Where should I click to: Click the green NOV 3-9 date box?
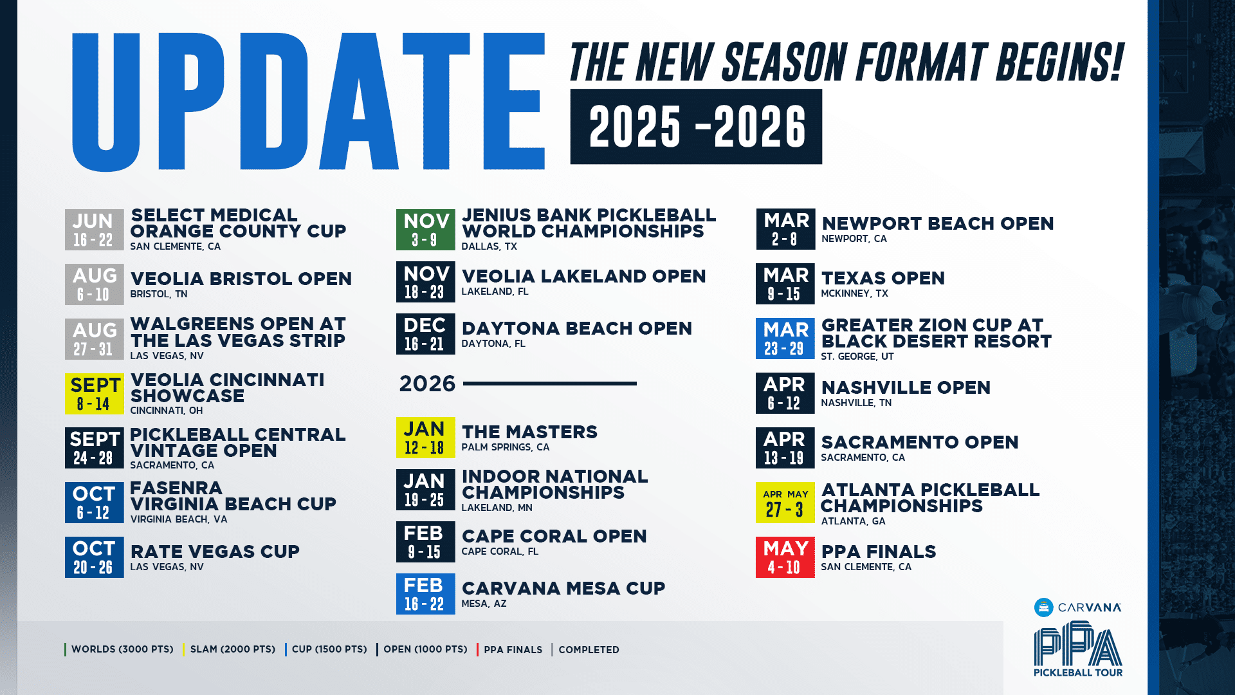425,230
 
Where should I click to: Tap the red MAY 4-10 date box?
785,557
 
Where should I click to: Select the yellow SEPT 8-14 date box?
95,394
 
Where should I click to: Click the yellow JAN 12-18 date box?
425,438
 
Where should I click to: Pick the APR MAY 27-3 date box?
785,503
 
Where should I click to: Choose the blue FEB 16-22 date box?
425,594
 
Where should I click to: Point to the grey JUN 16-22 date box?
95,230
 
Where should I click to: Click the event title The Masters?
529,432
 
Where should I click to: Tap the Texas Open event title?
883,278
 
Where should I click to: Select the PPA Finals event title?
879,551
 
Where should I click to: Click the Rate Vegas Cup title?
215,551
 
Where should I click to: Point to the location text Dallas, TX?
489,246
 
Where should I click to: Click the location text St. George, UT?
857,357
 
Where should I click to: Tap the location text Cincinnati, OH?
166,411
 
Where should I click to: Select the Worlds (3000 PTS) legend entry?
122,649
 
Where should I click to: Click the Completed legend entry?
588,650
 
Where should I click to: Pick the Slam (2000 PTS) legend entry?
232,649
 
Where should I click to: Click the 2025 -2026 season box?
696,127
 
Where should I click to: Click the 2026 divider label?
427,384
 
